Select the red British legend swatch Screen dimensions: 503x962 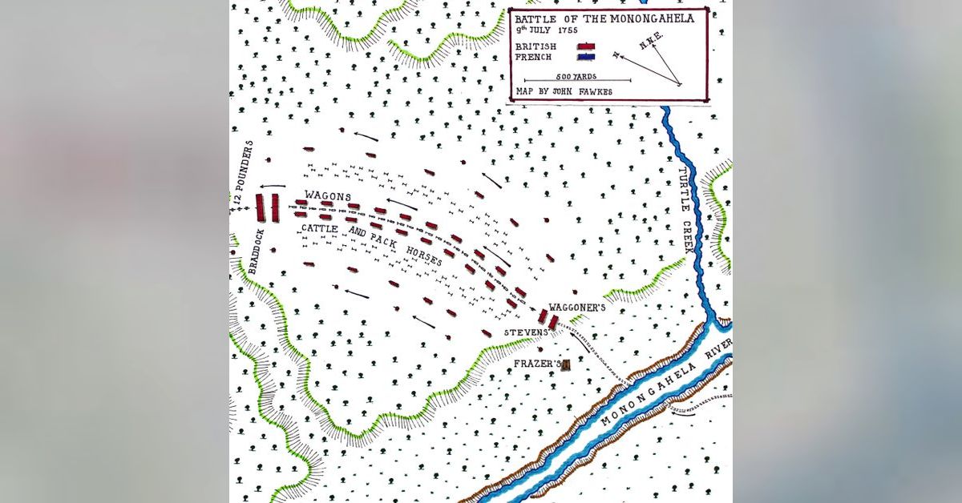(585, 46)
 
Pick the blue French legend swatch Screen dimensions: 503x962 (585, 58)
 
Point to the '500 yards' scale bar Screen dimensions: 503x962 (576, 80)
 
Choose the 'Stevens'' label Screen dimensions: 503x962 (525, 331)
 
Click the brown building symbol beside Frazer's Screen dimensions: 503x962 (565, 365)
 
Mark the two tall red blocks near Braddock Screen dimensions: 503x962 (267, 207)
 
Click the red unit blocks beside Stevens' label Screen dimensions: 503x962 (548, 319)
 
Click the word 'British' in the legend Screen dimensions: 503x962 (536, 46)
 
